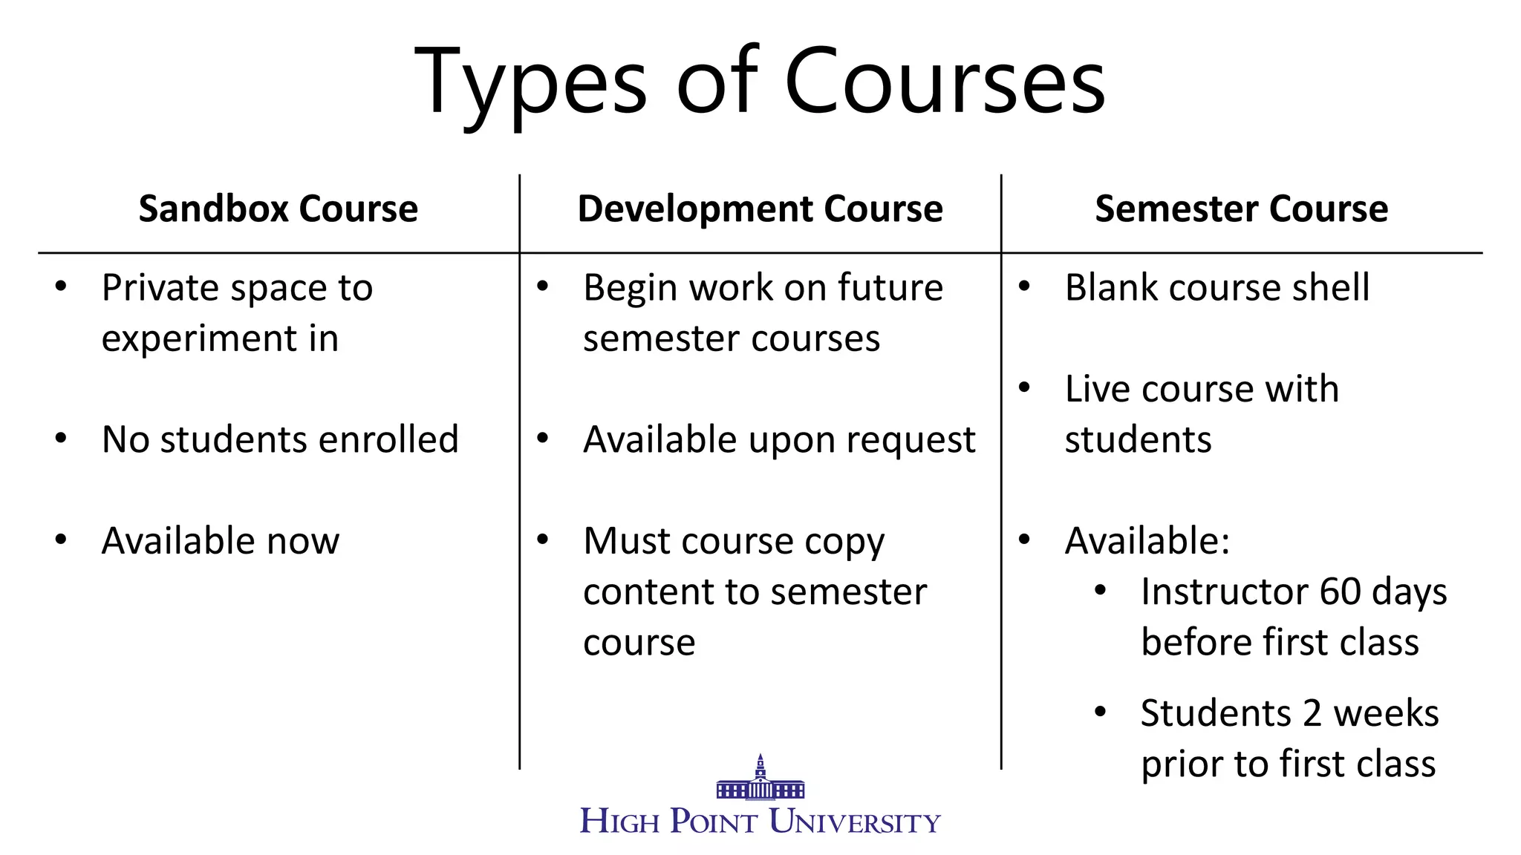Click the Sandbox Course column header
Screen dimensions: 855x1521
[278, 209]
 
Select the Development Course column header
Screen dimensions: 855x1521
[760, 209]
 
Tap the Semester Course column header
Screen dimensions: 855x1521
[1241, 209]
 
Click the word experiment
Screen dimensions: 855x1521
[194, 339]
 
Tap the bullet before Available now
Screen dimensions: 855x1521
[61, 540]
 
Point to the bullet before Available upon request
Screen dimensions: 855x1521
[543, 439]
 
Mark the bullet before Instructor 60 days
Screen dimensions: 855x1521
[1101, 591]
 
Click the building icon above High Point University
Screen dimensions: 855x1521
[760, 779]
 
